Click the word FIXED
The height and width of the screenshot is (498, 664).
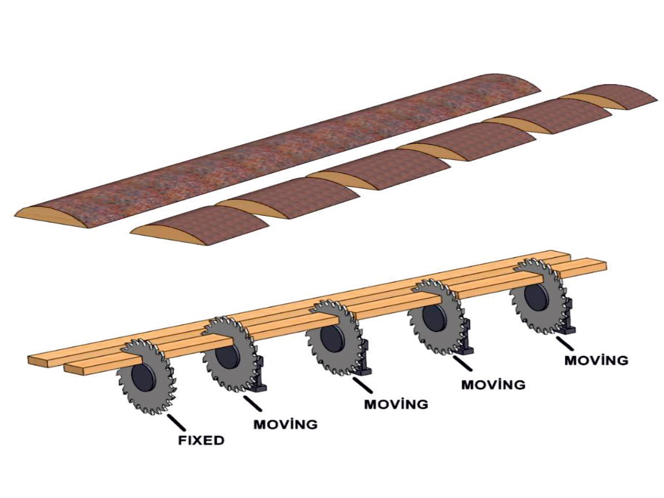click(201, 440)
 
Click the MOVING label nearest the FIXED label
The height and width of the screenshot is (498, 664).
click(286, 424)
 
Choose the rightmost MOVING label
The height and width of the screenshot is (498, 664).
click(596, 360)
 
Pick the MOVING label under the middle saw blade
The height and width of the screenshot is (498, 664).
click(396, 403)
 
